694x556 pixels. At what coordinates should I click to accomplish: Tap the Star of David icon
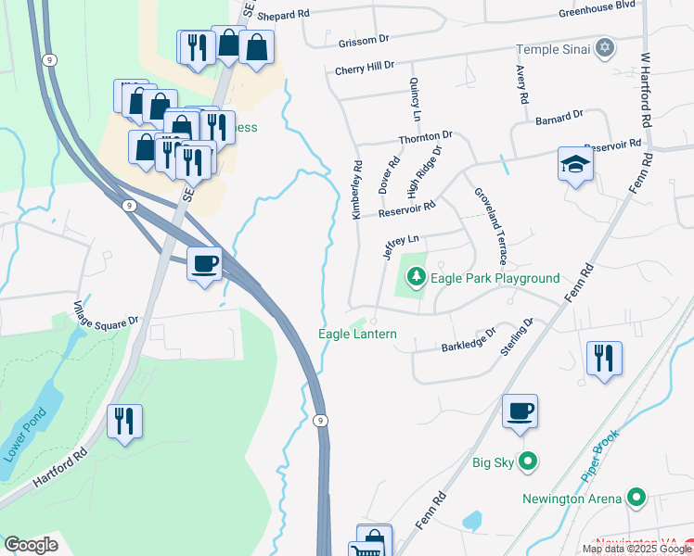point(606,47)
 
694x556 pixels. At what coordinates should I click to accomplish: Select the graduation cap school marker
point(575,164)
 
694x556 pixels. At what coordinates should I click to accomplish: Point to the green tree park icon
point(417,277)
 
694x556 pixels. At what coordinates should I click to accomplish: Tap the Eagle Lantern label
point(357,334)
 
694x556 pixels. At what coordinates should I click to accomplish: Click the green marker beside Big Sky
point(528,460)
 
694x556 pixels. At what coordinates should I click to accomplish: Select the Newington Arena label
point(571,499)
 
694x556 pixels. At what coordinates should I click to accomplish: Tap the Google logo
point(31,545)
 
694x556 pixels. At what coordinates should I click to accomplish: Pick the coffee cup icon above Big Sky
point(520,410)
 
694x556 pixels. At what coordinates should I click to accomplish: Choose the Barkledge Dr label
point(469,339)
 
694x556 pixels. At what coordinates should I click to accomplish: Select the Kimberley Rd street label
point(356,189)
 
